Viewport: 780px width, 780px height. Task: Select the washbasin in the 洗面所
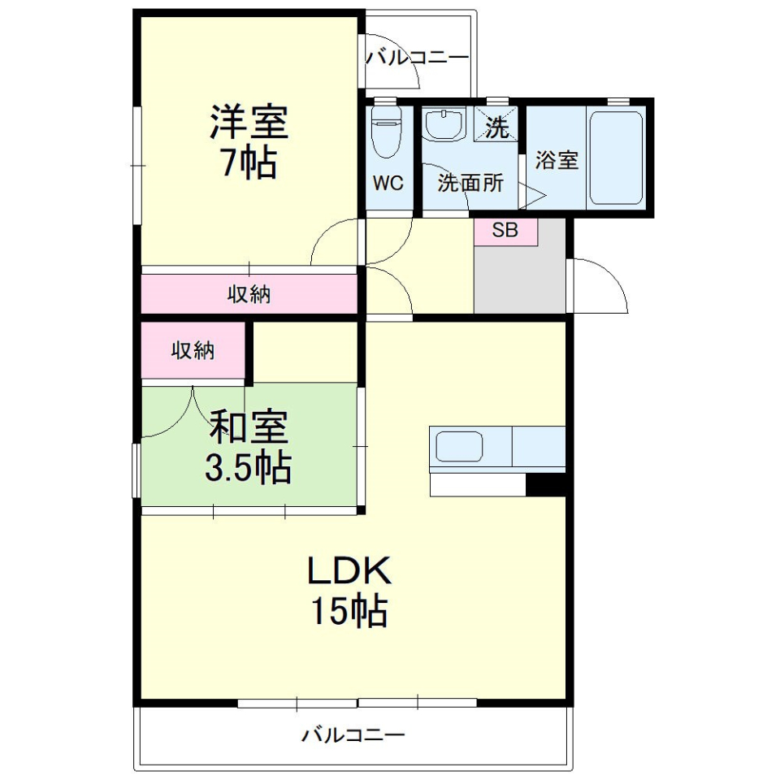click(444, 127)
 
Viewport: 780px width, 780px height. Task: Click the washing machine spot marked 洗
click(496, 127)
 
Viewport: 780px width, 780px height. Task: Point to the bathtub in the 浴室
click(616, 158)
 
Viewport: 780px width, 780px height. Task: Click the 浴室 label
click(557, 161)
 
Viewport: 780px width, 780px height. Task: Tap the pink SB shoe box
click(505, 231)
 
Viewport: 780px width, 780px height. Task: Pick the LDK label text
click(349, 572)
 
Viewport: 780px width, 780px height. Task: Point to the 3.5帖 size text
click(249, 466)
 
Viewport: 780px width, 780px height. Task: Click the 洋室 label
click(249, 123)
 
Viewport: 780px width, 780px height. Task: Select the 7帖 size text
click(249, 164)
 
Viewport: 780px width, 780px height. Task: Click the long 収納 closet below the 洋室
click(249, 294)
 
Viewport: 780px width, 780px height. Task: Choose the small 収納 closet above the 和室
click(193, 350)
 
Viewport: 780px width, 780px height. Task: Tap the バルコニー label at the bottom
click(353, 736)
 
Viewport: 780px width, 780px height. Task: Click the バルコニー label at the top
click(418, 58)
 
